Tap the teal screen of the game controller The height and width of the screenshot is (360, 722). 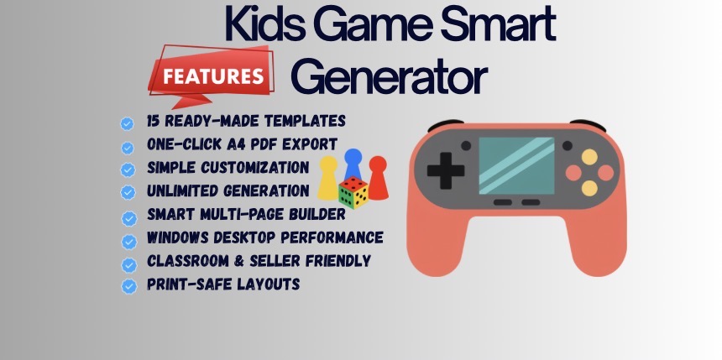pos(515,164)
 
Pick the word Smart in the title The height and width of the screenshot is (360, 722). pos(504,25)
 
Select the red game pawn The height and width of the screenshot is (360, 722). pos(379,177)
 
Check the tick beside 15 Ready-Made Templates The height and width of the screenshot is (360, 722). pos(127,123)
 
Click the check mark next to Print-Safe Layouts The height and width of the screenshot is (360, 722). pos(128,286)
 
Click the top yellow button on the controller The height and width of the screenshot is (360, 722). pos(590,155)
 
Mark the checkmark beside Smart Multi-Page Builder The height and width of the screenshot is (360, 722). pos(128,217)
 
